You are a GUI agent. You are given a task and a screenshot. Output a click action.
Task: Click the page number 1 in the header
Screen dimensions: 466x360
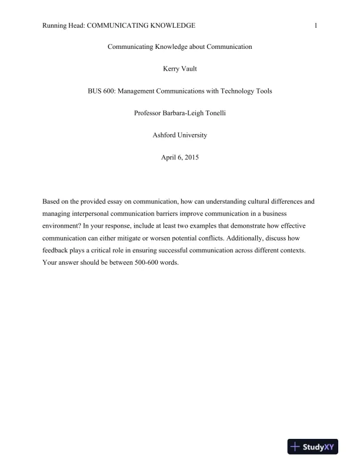[x=316, y=25]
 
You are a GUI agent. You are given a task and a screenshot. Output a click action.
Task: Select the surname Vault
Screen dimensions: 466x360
[x=190, y=69]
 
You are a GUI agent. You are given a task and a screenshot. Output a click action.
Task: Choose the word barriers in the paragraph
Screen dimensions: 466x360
[x=156, y=213]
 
